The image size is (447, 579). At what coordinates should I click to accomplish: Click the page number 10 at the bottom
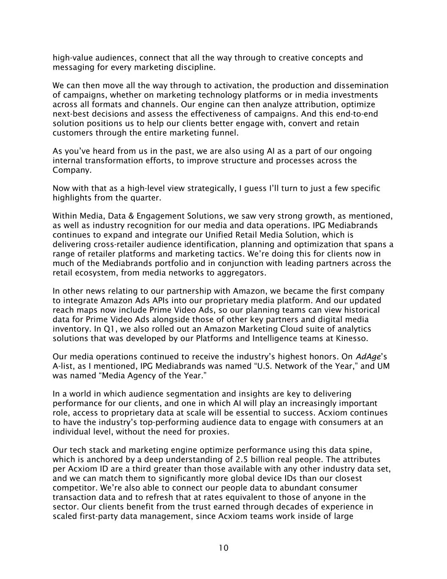tap(223, 548)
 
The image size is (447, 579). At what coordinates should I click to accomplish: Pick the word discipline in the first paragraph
tap(194, 67)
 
